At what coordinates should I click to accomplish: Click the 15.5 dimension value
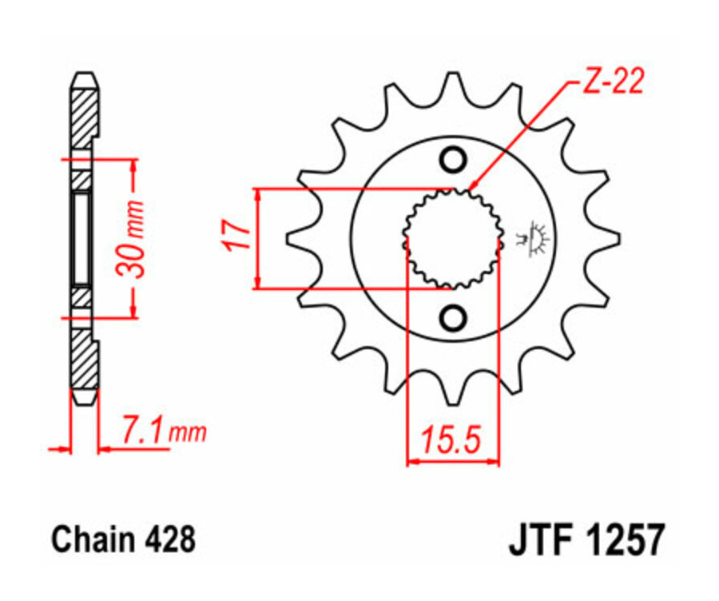(x=452, y=439)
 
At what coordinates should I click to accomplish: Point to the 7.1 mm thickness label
(x=164, y=432)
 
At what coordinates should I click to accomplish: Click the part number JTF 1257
(x=585, y=540)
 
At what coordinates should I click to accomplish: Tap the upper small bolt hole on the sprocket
(x=453, y=161)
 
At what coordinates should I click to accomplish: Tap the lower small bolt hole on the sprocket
(x=453, y=318)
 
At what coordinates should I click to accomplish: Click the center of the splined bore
(x=453, y=238)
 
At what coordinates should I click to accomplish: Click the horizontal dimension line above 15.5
(x=452, y=461)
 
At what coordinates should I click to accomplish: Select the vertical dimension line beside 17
(x=258, y=237)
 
